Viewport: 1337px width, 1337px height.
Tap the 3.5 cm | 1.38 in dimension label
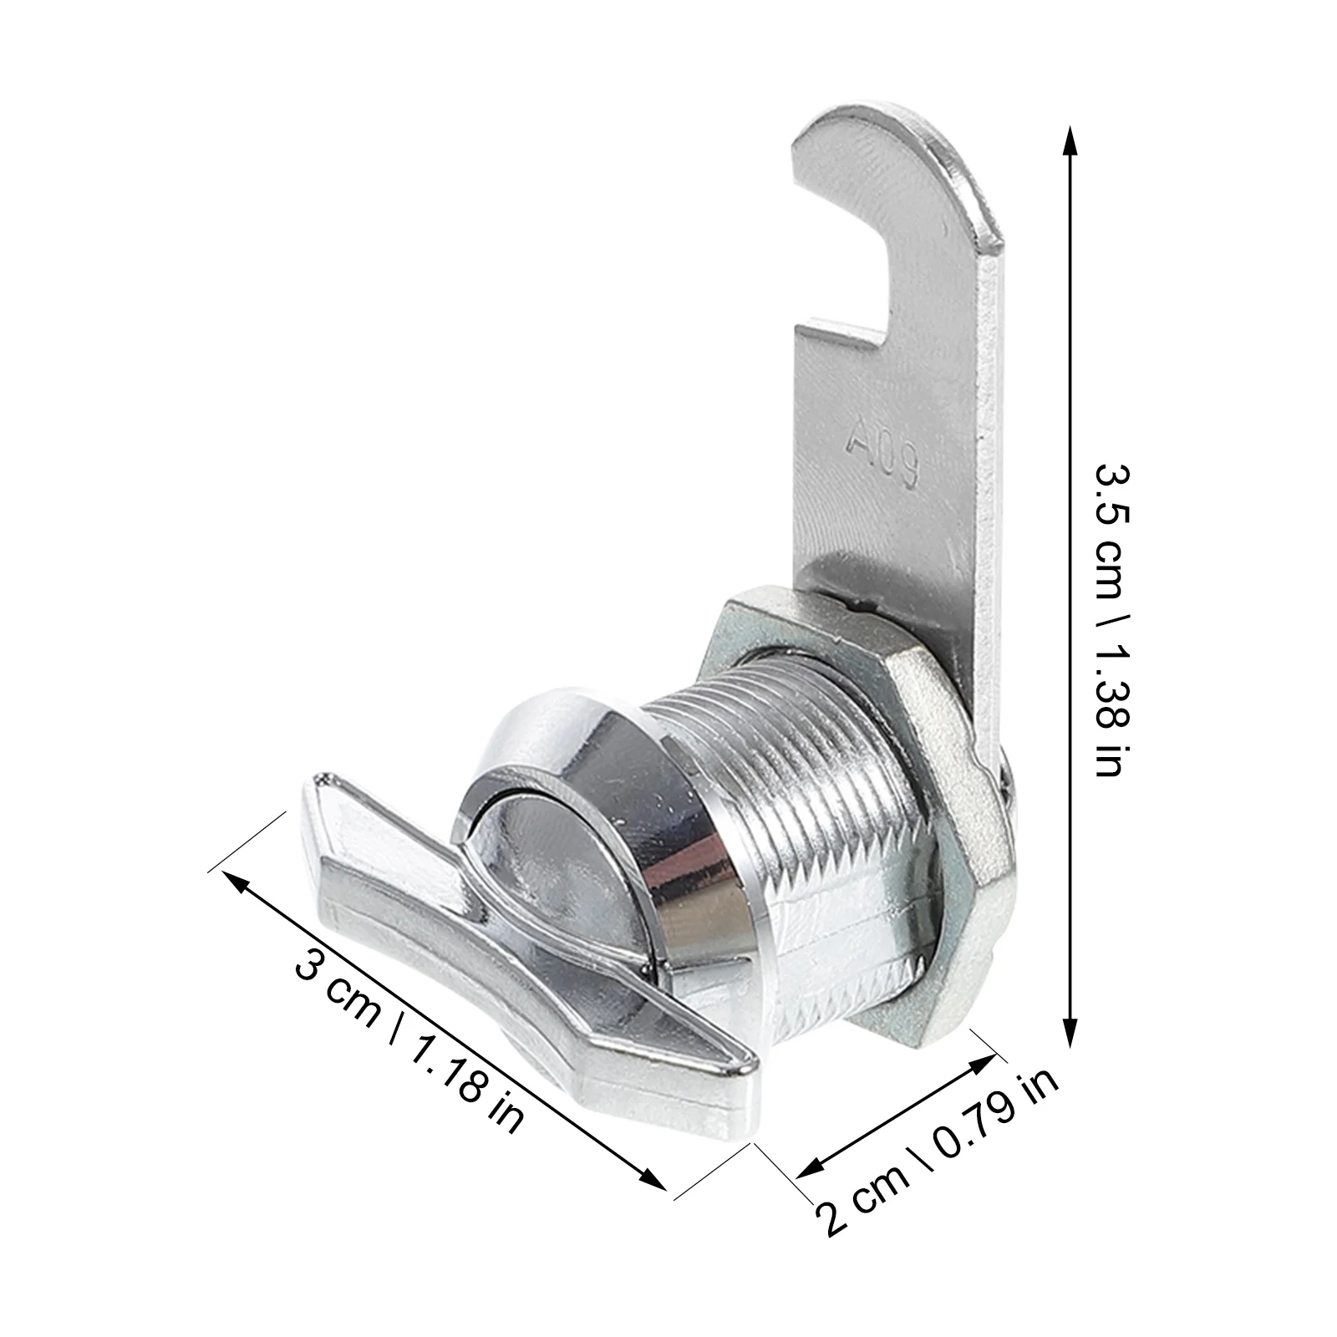point(1113,620)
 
